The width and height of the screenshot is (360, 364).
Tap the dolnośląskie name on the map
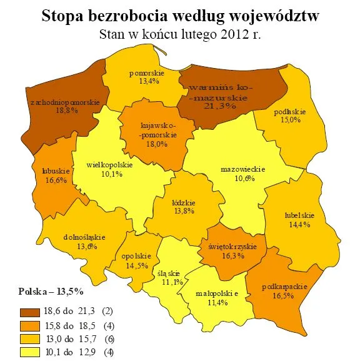[84, 237]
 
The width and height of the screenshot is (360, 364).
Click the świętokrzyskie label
[228, 246]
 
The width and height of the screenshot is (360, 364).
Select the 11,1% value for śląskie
[169, 282]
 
